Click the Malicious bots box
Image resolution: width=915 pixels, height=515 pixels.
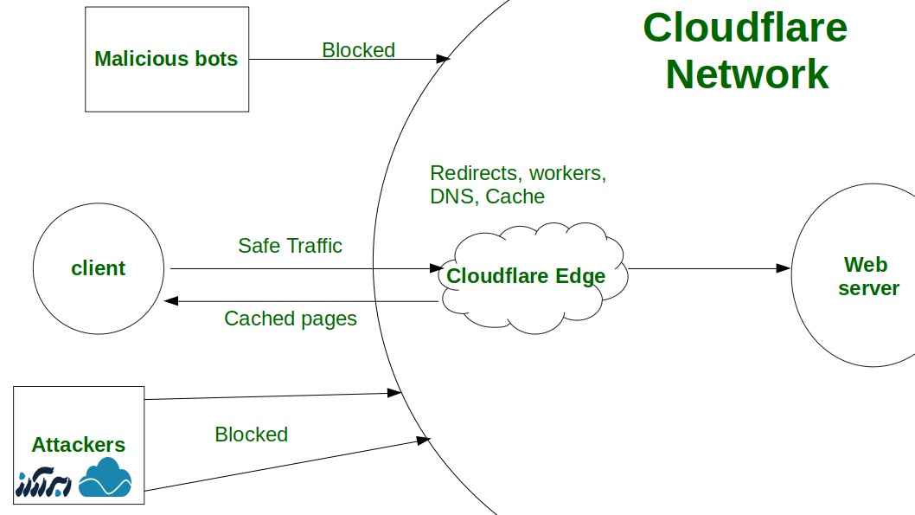click(166, 59)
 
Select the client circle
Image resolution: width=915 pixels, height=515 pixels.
click(98, 268)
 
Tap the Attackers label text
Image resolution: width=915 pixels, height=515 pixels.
click(78, 445)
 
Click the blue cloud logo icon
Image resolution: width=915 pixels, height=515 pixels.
click(105, 479)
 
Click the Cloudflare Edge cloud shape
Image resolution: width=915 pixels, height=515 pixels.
click(526, 276)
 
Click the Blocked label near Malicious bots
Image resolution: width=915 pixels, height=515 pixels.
click(358, 50)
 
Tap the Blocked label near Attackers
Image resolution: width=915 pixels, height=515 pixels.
click(251, 435)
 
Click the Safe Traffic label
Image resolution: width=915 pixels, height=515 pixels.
click(290, 246)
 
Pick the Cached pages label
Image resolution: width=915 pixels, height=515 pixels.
click(290, 319)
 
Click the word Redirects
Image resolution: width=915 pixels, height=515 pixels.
click(475, 173)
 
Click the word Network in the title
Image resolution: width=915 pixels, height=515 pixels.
click(746, 74)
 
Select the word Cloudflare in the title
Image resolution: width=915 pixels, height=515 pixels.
click(745, 28)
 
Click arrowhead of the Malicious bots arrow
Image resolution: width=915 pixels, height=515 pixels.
click(444, 59)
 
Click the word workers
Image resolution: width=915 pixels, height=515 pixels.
click(567, 173)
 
